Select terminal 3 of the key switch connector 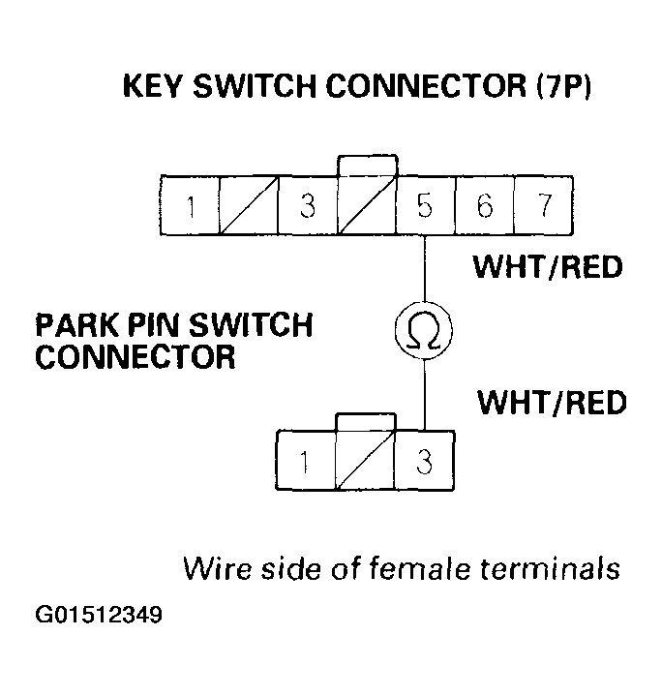point(308,206)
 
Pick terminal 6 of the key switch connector point(485,206)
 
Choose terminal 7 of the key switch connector point(543,206)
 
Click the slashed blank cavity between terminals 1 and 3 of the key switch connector point(250,206)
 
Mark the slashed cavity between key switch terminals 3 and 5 point(367,206)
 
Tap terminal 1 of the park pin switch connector point(306,463)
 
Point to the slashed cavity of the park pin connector point(365,463)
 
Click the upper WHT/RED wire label point(548,266)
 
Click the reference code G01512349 point(99,615)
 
